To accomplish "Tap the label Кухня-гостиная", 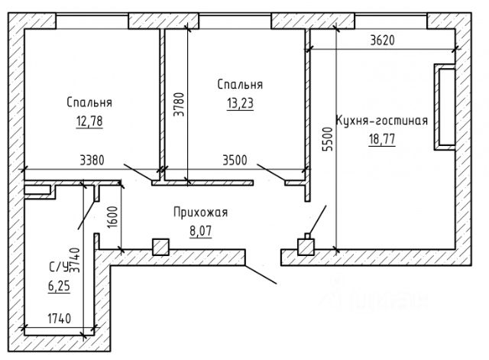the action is [x=381, y=122].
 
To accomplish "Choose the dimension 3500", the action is [x=235, y=161].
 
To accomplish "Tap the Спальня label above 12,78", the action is [x=89, y=102].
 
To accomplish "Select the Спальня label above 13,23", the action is [x=239, y=85].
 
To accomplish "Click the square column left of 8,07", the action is [x=160, y=247].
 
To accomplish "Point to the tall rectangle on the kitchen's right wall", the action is [x=444, y=106].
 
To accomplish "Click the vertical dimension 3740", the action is [x=75, y=260].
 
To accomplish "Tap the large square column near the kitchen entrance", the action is [x=306, y=246].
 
